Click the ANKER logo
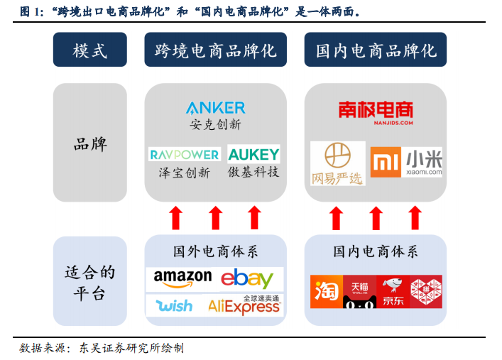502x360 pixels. [215, 108]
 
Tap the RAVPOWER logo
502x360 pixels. [185, 155]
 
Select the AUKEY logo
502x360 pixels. [253, 154]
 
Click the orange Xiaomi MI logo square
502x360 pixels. [386, 162]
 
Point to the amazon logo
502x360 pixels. [182, 278]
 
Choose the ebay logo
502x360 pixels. [247, 278]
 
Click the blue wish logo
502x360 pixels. [174, 305]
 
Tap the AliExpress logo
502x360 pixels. [244, 305]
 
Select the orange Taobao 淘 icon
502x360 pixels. [327, 291]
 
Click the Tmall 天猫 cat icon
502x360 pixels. [359, 291]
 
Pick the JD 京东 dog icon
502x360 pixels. [393, 291]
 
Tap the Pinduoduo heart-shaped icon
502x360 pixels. [426, 291]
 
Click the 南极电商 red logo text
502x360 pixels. [376, 110]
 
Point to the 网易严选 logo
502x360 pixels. [337, 163]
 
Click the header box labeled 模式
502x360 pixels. [90, 50]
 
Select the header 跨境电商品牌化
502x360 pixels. [215, 50]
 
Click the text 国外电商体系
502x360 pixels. [215, 251]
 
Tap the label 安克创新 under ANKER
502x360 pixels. [215, 124]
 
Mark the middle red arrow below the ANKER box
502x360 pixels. [215, 218]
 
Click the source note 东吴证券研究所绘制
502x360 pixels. [131, 348]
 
